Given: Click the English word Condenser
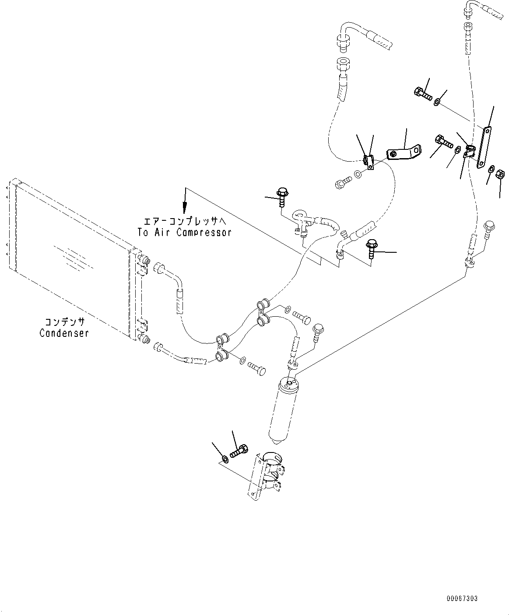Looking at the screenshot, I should click(x=64, y=333).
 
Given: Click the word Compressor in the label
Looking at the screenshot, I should click(x=204, y=233).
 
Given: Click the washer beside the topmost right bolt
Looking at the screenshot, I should click(x=437, y=102).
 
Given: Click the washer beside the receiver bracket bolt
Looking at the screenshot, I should click(x=225, y=459).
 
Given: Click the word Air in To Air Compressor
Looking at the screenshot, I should click(x=163, y=233).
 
